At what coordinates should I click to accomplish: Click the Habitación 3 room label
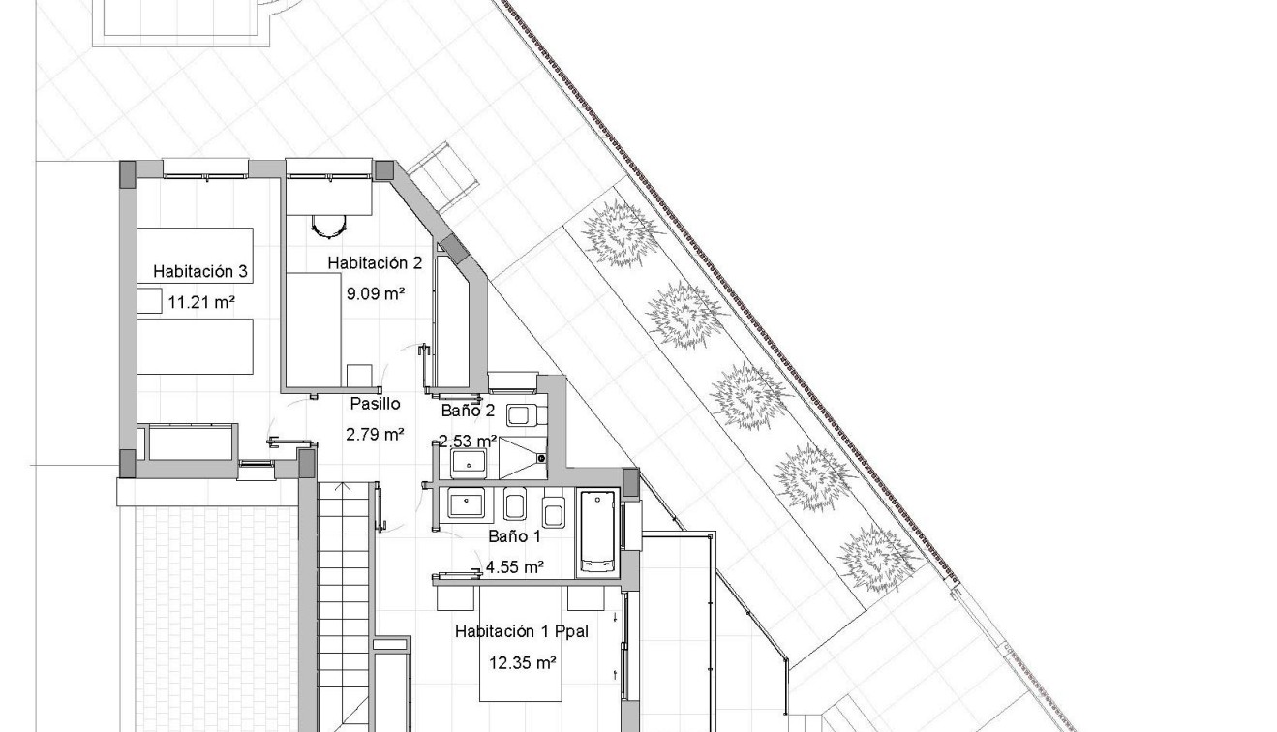pos(203,272)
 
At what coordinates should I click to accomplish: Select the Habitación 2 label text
pos(375,262)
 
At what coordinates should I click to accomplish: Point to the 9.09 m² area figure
pos(375,291)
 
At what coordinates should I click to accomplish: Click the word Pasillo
pos(375,404)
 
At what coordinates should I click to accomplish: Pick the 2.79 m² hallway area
pos(375,434)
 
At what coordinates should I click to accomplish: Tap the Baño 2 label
pos(468,411)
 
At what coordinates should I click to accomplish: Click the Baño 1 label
pos(507,535)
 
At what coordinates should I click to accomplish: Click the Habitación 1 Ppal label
pos(522,632)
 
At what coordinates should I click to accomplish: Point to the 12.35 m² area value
pos(522,663)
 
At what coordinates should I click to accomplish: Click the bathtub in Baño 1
pos(596,533)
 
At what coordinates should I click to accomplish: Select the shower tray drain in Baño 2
pos(541,457)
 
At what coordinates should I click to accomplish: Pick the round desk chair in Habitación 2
pos(329,227)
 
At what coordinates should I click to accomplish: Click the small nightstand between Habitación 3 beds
pos(148,300)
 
